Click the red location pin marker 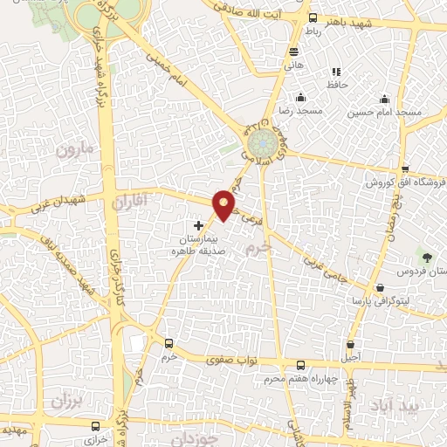click(224, 204)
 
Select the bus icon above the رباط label click(313, 17)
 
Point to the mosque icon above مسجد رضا click(300, 97)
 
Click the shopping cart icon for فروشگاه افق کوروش click(405, 168)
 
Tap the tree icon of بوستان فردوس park click(427, 257)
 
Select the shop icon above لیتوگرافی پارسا click(380, 287)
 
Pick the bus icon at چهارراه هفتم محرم click(300, 365)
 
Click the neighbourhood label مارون click(74, 150)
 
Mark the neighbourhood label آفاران click(133, 203)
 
